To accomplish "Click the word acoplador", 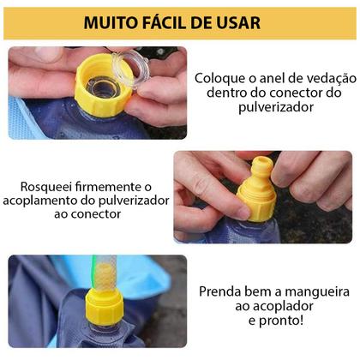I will pos(283,307).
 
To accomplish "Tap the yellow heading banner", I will pos(179,22).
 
